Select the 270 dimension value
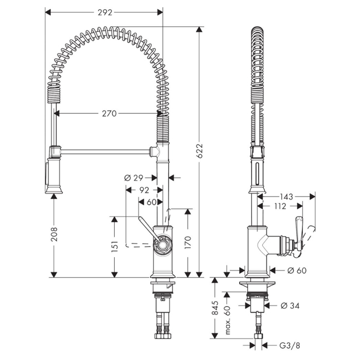pyautogui.click(x=109, y=113)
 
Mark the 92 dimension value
pyautogui.click(x=145, y=190)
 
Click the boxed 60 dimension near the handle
pyautogui.click(x=151, y=202)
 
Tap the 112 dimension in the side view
pyautogui.click(x=280, y=207)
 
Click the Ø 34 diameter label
pyautogui.click(x=291, y=306)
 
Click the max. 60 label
pyautogui.click(x=227, y=316)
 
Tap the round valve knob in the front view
pyautogui.click(x=163, y=244)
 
